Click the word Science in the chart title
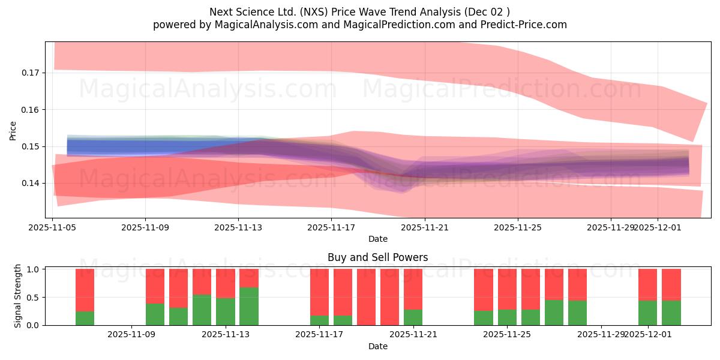(263, 12)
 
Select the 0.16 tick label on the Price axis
(31, 110)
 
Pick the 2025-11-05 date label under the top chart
(52, 228)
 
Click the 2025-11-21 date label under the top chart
(424, 228)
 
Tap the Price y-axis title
(13, 130)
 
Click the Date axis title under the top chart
(378, 239)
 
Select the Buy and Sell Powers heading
(378, 257)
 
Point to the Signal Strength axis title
(18, 296)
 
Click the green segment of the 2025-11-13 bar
(226, 311)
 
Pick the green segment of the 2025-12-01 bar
(648, 313)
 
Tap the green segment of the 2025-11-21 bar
(413, 317)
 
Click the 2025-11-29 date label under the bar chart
(601, 335)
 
